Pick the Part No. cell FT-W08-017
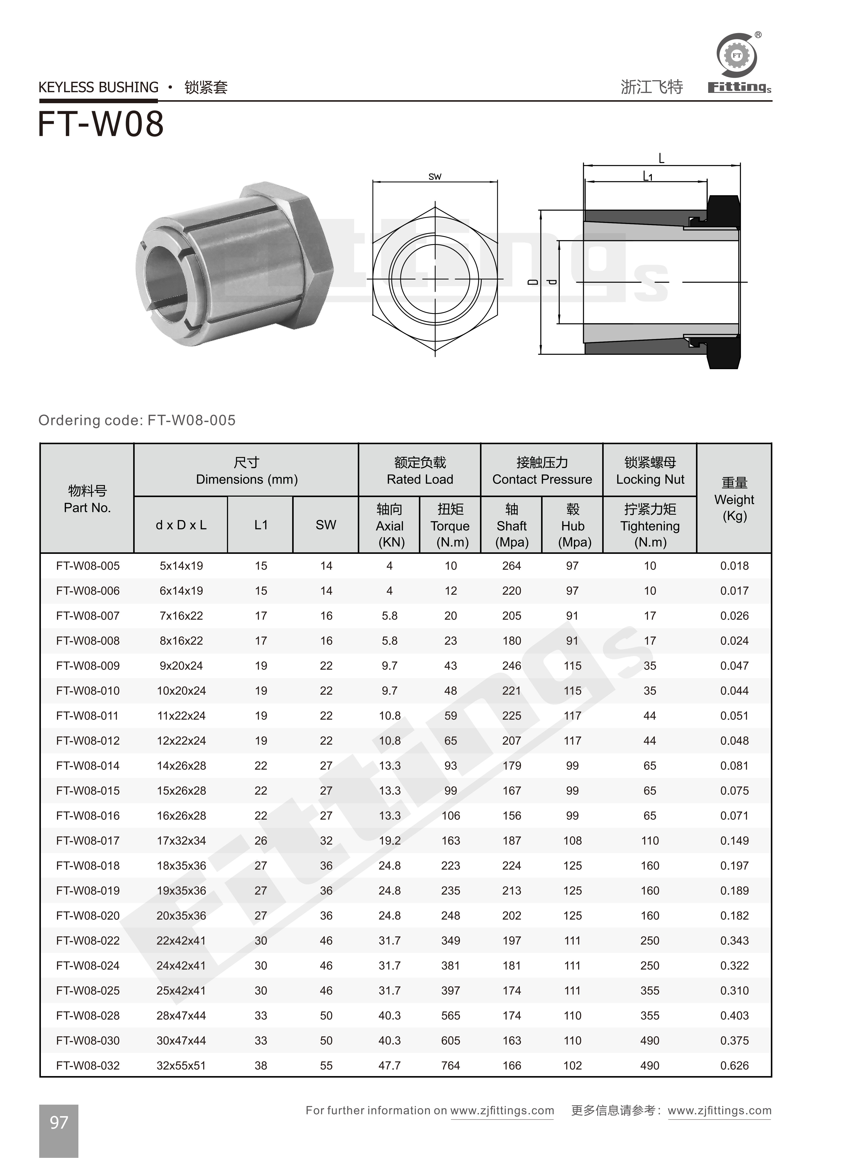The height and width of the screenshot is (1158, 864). [x=88, y=841]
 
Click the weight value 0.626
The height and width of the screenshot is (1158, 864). [x=734, y=1066]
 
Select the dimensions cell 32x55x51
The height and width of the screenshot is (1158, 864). [x=181, y=1066]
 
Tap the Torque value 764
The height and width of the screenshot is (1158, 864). [x=450, y=1066]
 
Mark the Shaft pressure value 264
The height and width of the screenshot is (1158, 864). [x=512, y=566]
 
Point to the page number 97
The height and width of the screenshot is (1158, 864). [x=59, y=1123]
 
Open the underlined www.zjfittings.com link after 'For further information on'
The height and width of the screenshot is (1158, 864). [x=502, y=1110]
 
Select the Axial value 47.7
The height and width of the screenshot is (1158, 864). [x=390, y=1066]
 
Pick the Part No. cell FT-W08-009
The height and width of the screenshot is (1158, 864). [x=88, y=666]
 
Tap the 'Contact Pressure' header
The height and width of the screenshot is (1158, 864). [x=542, y=479]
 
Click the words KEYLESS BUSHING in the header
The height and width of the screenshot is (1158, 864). [x=98, y=87]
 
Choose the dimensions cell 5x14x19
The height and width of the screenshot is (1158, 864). [x=181, y=566]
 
